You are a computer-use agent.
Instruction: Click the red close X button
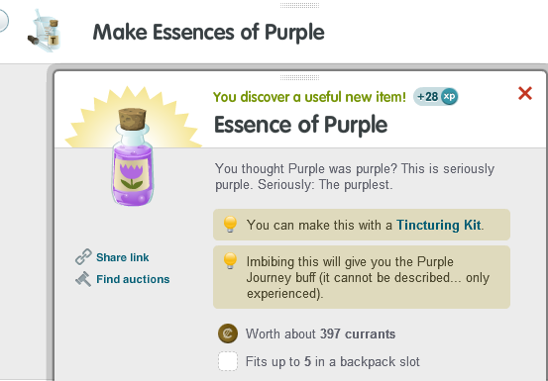pyautogui.click(x=525, y=94)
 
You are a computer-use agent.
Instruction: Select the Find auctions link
pyautogui.click(x=133, y=279)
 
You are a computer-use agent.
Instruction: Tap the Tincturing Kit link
pyautogui.click(x=438, y=225)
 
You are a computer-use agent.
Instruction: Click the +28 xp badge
pyautogui.click(x=437, y=96)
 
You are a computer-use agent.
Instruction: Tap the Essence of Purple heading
pyautogui.click(x=300, y=125)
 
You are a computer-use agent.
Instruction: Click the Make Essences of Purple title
pyautogui.click(x=208, y=32)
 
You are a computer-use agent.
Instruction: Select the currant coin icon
pyautogui.click(x=227, y=333)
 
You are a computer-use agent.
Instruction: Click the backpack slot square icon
pyautogui.click(x=228, y=361)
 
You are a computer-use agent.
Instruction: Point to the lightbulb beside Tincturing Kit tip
pyautogui.click(x=229, y=225)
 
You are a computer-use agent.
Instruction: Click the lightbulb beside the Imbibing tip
pyautogui.click(x=229, y=261)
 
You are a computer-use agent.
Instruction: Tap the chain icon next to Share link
pyautogui.click(x=83, y=257)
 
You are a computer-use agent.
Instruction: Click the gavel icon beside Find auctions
pyautogui.click(x=83, y=279)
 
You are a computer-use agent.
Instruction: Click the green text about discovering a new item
pyautogui.click(x=309, y=97)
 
